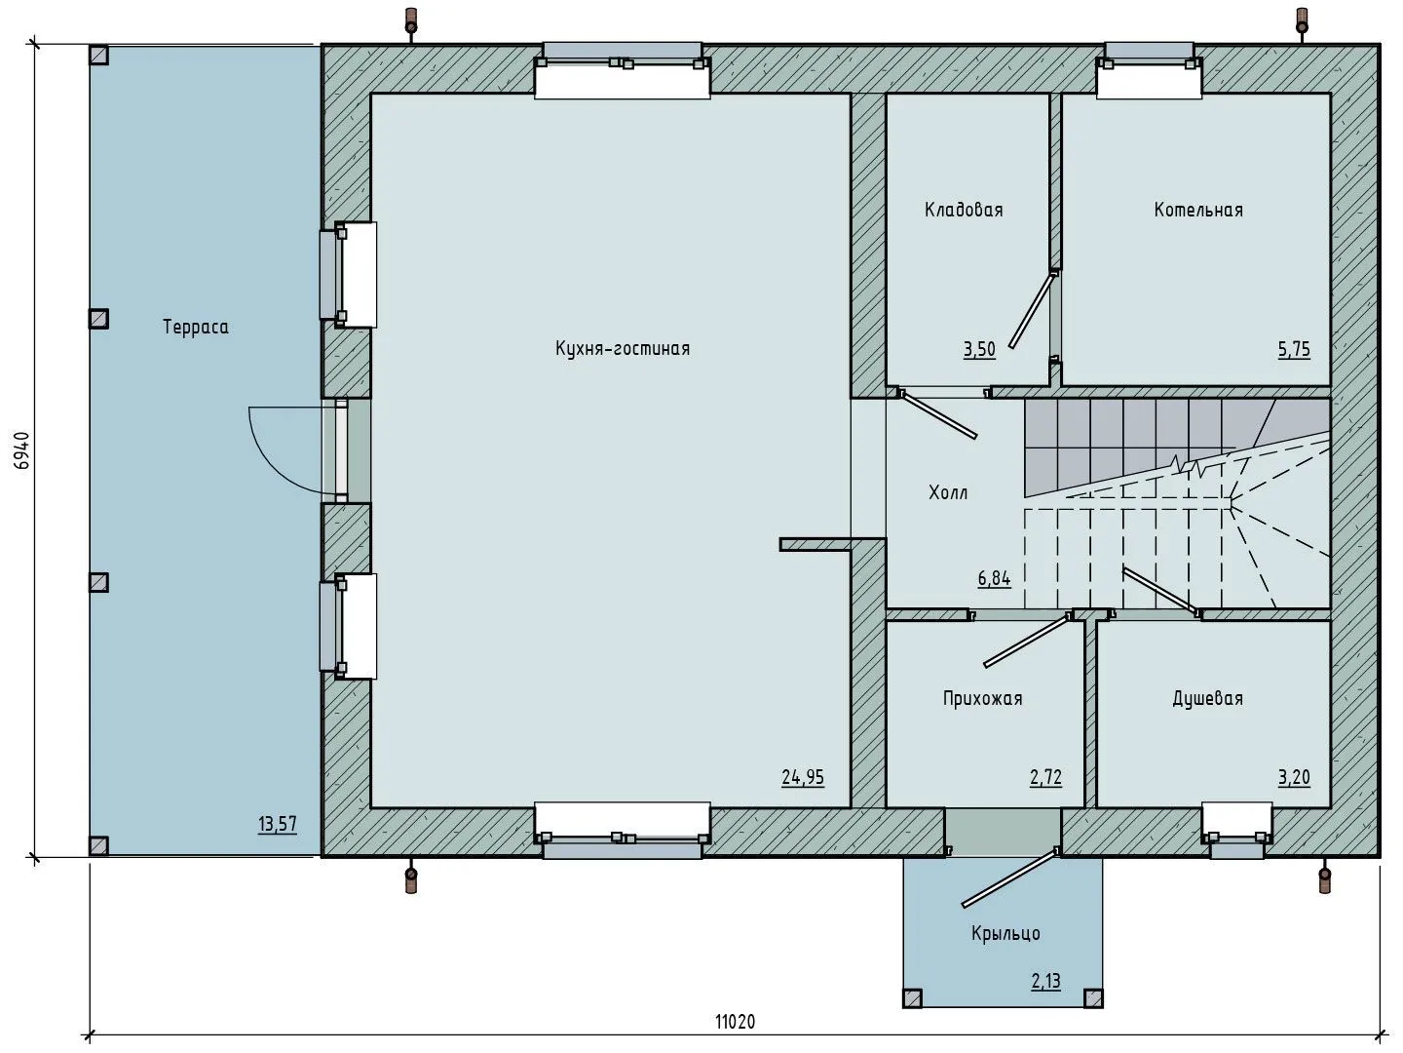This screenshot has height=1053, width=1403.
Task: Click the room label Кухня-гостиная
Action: click(x=622, y=349)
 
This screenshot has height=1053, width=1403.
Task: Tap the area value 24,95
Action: click(x=802, y=777)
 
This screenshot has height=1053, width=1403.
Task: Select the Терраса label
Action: click(x=195, y=328)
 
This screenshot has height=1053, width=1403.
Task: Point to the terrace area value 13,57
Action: click(x=277, y=825)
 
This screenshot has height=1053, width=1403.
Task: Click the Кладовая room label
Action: click(x=963, y=210)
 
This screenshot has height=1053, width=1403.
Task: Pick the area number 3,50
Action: click(x=979, y=349)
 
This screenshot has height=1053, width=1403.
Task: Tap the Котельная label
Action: click(x=1197, y=210)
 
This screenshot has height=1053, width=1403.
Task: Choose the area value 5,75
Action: click(x=1294, y=349)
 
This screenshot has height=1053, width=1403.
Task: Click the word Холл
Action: click(x=948, y=493)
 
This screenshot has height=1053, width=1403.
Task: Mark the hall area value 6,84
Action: click(x=994, y=578)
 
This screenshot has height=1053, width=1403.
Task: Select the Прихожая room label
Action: click(x=982, y=699)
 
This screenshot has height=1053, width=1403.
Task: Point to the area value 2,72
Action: click(x=1044, y=777)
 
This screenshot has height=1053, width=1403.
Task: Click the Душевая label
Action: click(x=1207, y=699)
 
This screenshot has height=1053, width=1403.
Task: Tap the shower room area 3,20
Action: click(x=1293, y=777)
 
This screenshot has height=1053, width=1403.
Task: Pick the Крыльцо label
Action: click(x=1005, y=934)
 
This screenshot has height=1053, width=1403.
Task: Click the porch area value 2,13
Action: click(x=1045, y=982)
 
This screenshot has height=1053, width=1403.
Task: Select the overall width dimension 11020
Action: click(x=735, y=1022)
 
